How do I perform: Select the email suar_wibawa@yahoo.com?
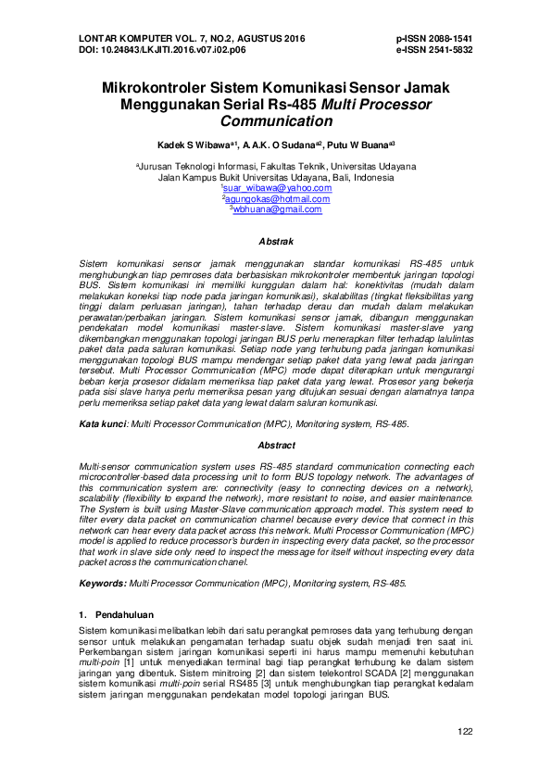pos(276,188)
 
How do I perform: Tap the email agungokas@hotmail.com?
pos(276,198)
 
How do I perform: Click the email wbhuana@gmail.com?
pos(276,209)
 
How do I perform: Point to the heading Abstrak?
pos(276,241)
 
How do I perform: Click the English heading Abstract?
pos(276,445)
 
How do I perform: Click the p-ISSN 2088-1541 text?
pos(433,39)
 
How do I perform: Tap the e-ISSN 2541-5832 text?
pos(433,49)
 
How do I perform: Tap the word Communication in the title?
pos(276,121)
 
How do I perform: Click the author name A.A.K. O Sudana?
pos(279,145)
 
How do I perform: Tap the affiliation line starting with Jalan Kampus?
pos(276,177)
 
